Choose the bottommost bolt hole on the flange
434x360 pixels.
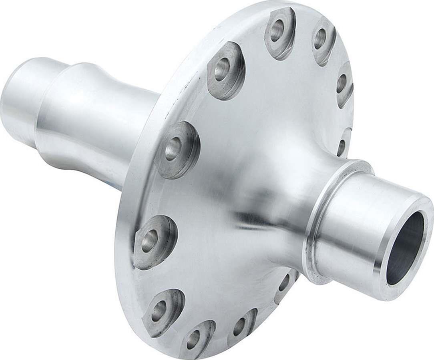click(x=193, y=339)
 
